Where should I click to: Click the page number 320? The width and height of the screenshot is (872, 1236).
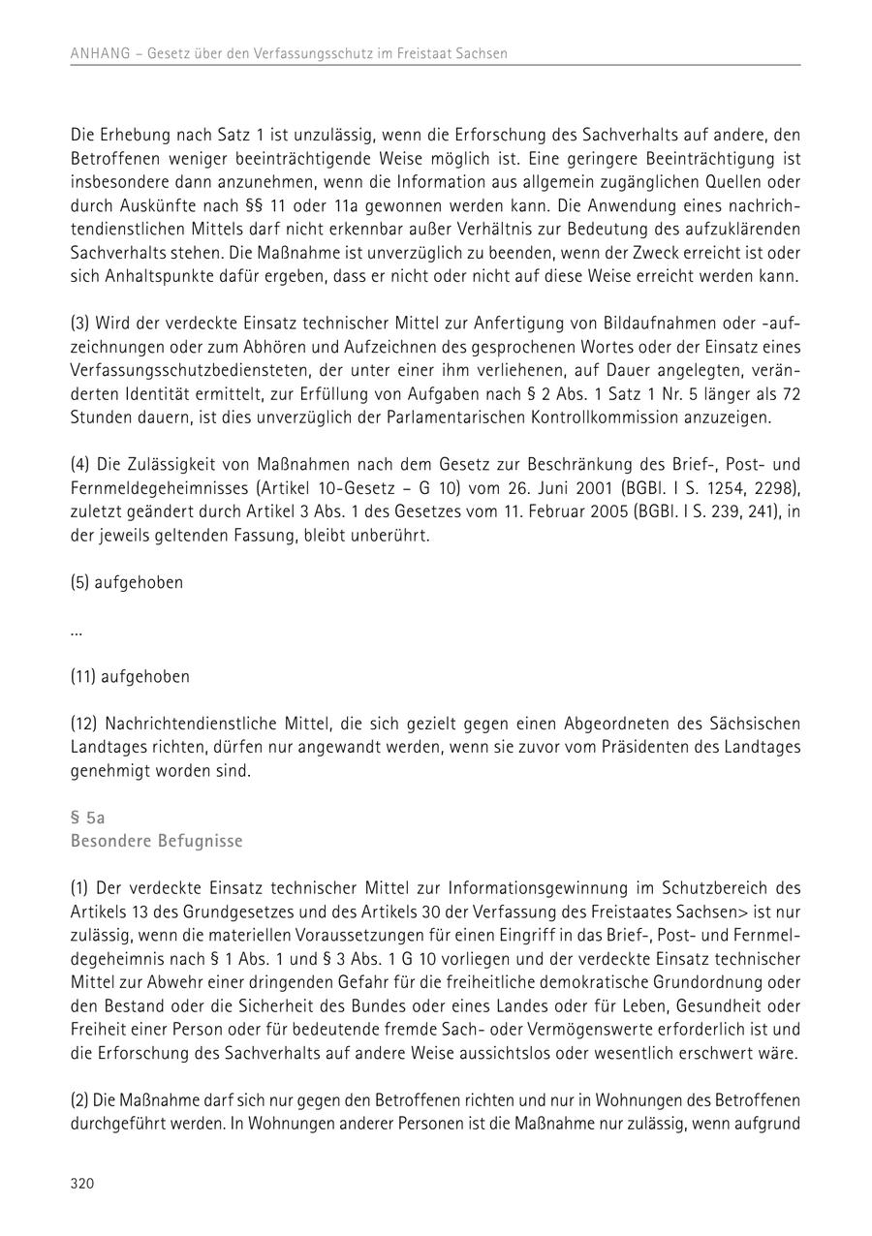(82, 1183)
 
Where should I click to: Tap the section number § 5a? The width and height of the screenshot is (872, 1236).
(88, 818)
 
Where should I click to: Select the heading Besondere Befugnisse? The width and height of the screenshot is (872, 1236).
(157, 841)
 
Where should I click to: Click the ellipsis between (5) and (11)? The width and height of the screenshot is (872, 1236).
(77, 631)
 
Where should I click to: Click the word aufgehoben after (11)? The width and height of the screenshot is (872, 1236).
(145, 677)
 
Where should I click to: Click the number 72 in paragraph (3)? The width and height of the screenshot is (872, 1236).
(790, 393)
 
